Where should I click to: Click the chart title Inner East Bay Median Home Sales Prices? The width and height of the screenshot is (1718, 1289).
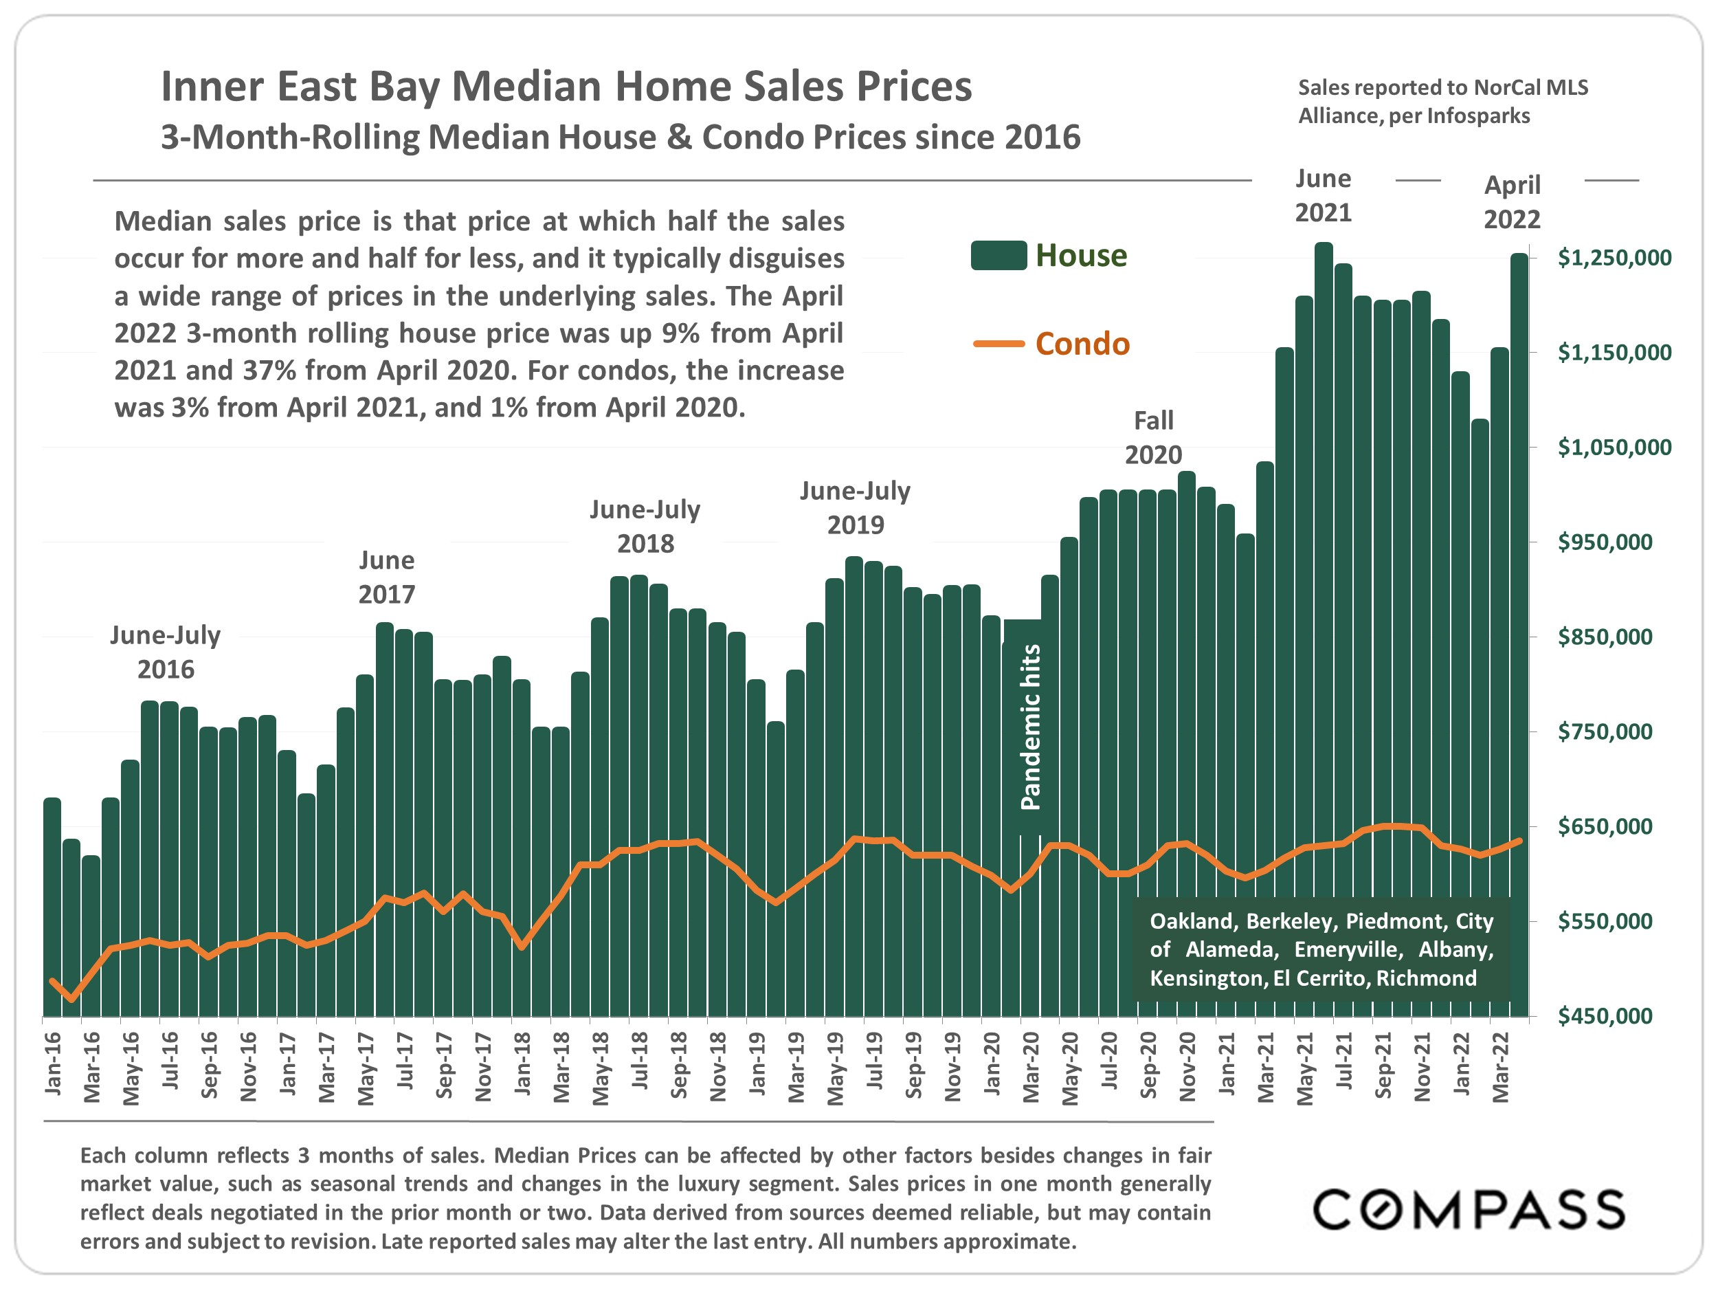tap(566, 86)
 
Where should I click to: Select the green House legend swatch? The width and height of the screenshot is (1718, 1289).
tap(998, 256)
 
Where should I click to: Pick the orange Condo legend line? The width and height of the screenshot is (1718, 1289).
tap(998, 344)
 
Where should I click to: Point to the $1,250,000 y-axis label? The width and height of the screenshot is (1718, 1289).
tap(1614, 258)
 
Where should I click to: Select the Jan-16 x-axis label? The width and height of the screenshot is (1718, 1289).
tap(53, 1064)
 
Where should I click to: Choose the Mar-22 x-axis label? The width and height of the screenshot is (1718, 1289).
tap(1501, 1067)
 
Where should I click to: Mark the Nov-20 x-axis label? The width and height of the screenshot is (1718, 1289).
tap(1187, 1067)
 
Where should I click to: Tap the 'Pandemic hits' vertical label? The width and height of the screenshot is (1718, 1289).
tap(1030, 727)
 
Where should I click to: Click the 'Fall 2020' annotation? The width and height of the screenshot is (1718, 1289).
tap(1153, 437)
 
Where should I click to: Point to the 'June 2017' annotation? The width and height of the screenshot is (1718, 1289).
tap(387, 577)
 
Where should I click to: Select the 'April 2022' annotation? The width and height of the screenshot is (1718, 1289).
tap(1511, 202)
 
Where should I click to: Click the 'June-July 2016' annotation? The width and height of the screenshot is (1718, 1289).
tap(166, 652)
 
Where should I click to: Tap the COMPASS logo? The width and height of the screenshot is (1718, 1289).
tap(1468, 1210)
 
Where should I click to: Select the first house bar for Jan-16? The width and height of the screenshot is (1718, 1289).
tap(52, 909)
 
